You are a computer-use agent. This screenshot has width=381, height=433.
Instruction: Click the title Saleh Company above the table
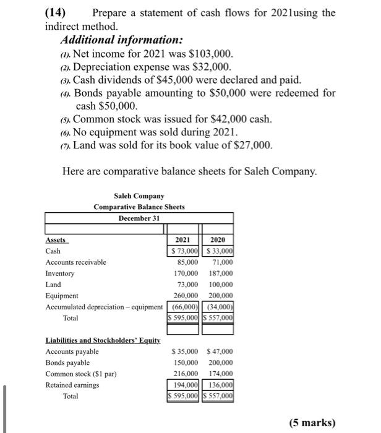[139, 195]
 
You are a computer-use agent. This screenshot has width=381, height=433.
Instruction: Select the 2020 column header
[219, 240]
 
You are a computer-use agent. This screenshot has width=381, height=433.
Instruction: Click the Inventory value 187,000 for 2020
[220, 273]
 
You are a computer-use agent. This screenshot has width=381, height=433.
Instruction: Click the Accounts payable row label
[72, 351]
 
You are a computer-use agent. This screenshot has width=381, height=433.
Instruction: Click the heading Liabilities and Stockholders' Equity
[103, 340]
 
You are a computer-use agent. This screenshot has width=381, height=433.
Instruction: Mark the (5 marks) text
[312, 423]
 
